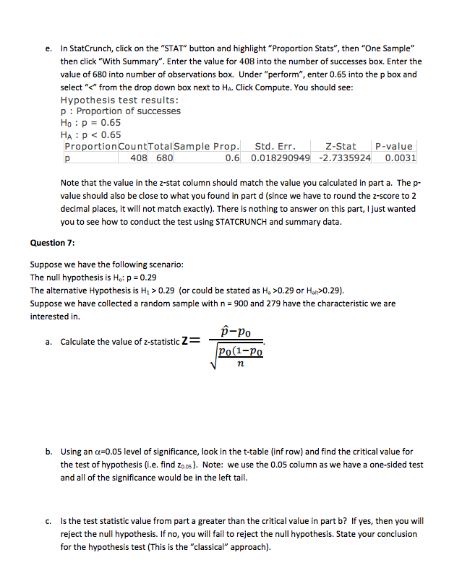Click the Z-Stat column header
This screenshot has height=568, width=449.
341,147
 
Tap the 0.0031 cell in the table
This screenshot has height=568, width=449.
400,158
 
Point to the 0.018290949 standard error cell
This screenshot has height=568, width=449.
281,158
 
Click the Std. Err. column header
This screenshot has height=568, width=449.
275,147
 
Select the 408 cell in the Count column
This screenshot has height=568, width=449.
139,158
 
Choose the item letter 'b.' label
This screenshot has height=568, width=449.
48,452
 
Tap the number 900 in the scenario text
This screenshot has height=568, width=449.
250,304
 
